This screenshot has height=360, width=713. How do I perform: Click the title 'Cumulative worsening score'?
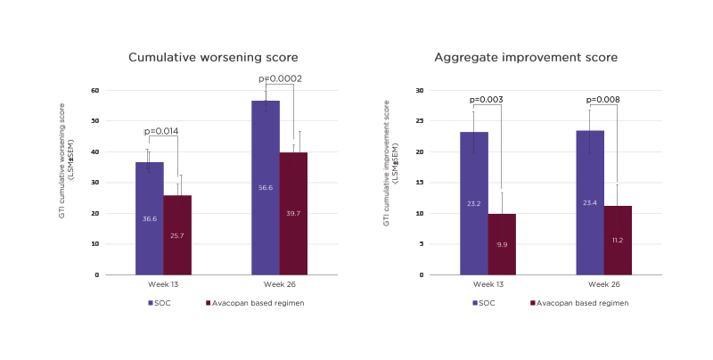point(212,58)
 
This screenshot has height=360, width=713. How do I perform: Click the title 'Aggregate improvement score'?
point(526,58)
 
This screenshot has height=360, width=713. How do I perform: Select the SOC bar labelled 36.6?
point(150,218)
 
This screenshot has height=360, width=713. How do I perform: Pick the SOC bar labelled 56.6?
point(266,187)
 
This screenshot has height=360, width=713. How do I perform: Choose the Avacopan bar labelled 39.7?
point(293,214)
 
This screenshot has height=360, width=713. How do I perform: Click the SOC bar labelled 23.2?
point(474,203)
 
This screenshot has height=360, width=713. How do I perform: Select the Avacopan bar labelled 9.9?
point(502,244)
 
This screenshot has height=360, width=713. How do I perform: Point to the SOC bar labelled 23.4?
point(590,202)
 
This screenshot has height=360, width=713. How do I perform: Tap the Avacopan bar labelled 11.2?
point(618,241)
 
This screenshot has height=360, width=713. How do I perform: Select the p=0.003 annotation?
point(488,100)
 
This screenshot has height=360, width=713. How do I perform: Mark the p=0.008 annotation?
point(603,100)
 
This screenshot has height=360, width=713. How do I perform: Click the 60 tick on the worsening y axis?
point(94,90)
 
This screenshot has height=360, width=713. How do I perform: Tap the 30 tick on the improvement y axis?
point(420,90)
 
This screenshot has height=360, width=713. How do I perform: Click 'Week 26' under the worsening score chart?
point(279,284)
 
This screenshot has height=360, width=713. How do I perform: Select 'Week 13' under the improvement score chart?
point(488,284)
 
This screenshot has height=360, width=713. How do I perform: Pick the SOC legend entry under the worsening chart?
point(160,303)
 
